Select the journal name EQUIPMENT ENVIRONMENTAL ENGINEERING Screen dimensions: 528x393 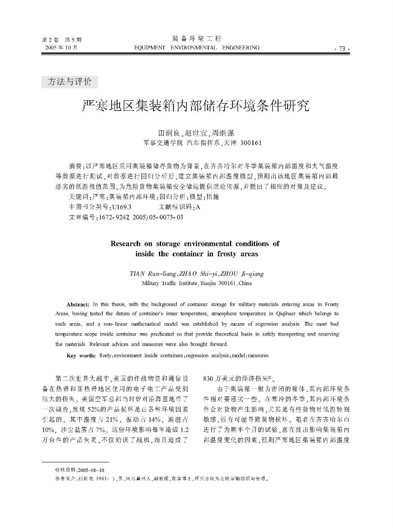(x=196, y=48)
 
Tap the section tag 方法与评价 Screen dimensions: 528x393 (x=70, y=82)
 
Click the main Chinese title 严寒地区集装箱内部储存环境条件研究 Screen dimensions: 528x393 (x=196, y=106)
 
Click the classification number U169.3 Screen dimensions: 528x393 (x=122, y=207)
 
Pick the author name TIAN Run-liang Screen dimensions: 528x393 (x=153, y=274)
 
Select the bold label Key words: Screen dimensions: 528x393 (x=81, y=356)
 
